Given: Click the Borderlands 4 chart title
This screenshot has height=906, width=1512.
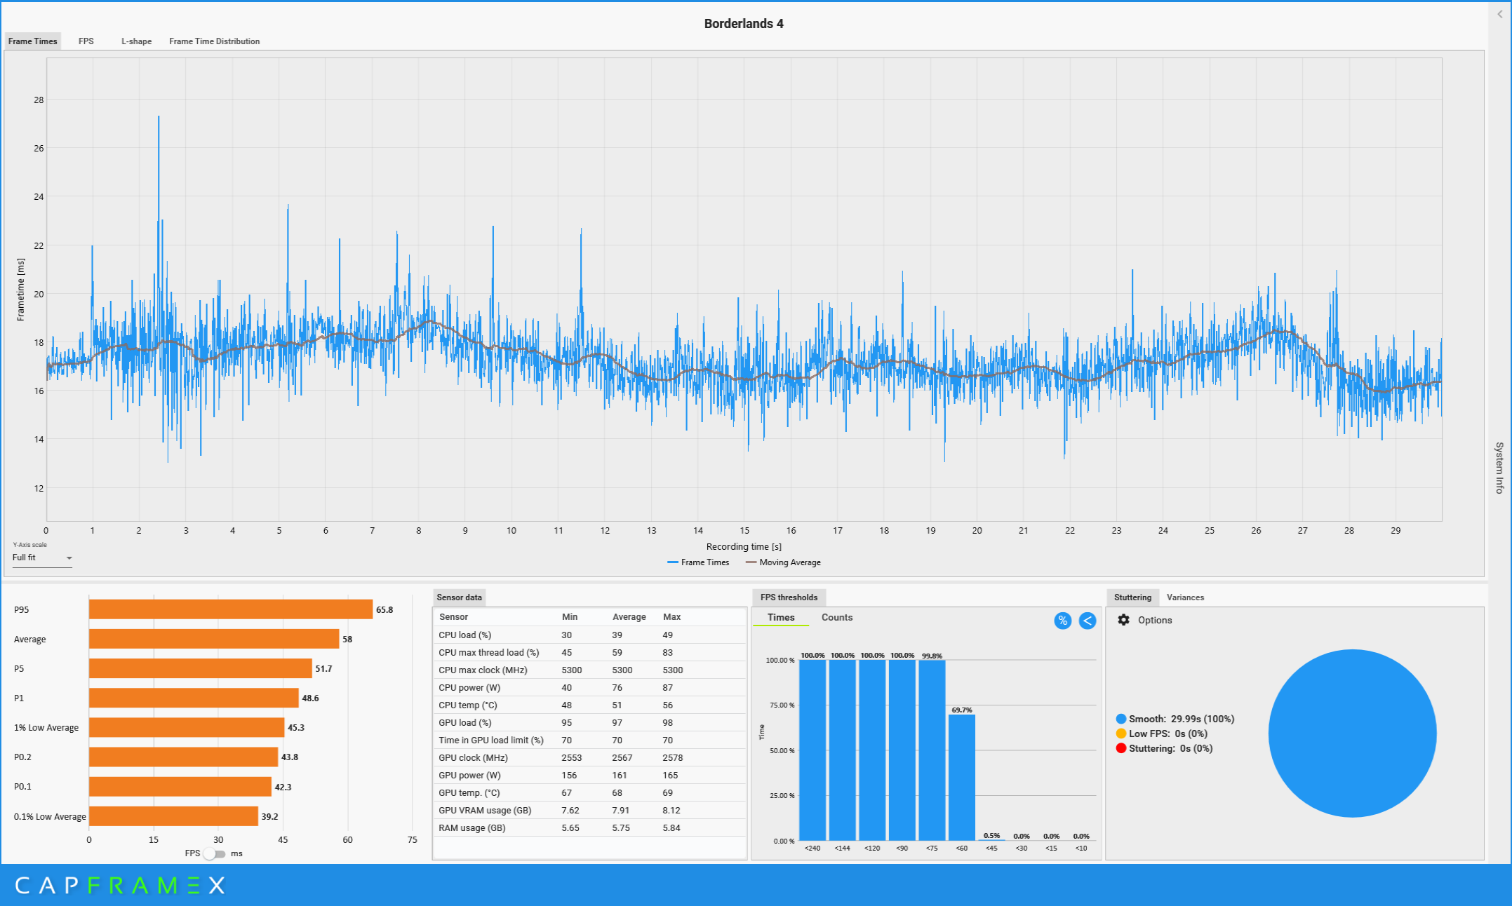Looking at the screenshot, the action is tap(744, 24).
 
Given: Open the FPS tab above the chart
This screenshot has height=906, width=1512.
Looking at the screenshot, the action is tap(86, 41).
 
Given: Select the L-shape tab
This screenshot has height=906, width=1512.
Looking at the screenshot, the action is tap(136, 41).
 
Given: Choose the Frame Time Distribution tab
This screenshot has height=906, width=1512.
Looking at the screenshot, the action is tap(214, 41).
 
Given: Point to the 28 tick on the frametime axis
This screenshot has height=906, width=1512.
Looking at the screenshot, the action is tap(39, 100).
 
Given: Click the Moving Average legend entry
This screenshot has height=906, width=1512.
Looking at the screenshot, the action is tap(783, 562).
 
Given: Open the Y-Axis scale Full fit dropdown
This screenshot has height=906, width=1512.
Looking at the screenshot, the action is tap(42, 558).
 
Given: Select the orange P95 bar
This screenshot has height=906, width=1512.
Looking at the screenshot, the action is tap(231, 609).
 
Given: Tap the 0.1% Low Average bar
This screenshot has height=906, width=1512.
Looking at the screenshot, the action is tap(173, 816).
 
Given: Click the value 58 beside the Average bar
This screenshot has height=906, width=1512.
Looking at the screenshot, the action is tap(347, 640).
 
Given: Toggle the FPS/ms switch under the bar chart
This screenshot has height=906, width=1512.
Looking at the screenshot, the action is tap(215, 854).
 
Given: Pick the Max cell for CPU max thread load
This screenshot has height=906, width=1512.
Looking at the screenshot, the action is tap(667, 653).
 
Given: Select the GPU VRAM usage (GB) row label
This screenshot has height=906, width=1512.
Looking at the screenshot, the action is tap(485, 811).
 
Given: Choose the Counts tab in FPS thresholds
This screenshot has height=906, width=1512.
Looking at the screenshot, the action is tap(837, 618).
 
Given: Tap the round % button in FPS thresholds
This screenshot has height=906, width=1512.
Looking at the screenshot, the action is tap(1063, 621).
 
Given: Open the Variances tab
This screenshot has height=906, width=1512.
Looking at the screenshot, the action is tap(1185, 597).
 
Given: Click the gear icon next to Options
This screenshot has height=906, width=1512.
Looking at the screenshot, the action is tap(1124, 620).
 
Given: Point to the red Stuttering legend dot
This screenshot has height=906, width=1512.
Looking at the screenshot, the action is tap(1121, 748).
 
